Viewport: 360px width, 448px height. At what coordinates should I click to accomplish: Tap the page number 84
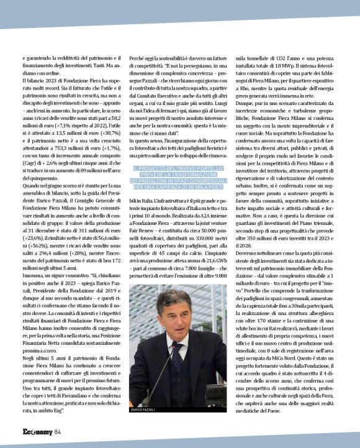58,432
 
